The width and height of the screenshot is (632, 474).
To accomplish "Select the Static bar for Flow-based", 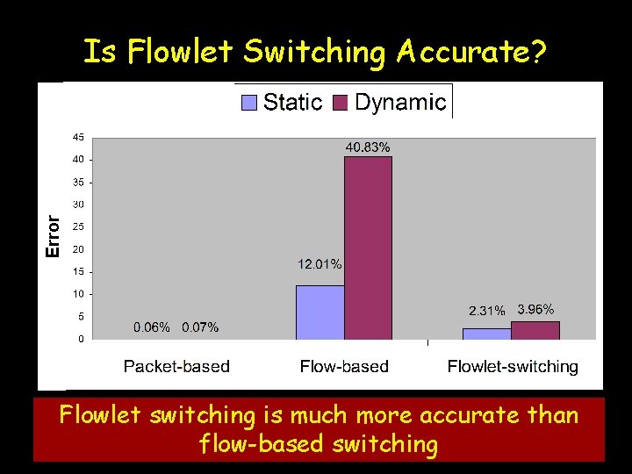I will pyautogui.click(x=320, y=312).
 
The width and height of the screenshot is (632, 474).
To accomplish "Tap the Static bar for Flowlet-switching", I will pyautogui.click(x=486, y=334).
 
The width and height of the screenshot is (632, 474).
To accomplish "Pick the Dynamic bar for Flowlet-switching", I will pyautogui.click(x=535, y=330).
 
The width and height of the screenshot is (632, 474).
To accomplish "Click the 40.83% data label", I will pyautogui.click(x=368, y=147).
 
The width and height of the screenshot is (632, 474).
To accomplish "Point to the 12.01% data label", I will pyautogui.click(x=320, y=263).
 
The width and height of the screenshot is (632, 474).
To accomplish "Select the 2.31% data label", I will pyautogui.click(x=486, y=311).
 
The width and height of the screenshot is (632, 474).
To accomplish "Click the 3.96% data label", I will pyautogui.click(x=535, y=309).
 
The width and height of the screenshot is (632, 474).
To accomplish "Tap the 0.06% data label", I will pyautogui.click(x=152, y=327).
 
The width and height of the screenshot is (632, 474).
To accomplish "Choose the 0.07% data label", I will pyautogui.click(x=200, y=327).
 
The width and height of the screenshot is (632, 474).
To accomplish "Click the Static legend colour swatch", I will pyautogui.click(x=249, y=103).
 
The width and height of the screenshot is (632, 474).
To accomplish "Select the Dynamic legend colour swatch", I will pyautogui.click(x=341, y=103).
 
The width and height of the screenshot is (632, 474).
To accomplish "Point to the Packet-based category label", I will pyautogui.click(x=176, y=366).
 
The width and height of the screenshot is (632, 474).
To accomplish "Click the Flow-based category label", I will pyautogui.click(x=344, y=366).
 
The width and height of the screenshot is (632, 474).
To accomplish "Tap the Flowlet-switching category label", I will pyautogui.click(x=513, y=366).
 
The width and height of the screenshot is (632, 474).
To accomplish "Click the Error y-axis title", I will pyautogui.click(x=54, y=236).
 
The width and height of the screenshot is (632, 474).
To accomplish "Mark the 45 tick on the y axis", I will pyautogui.click(x=78, y=138).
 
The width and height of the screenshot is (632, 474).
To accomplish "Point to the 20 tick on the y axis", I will pyautogui.click(x=78, y=249).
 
